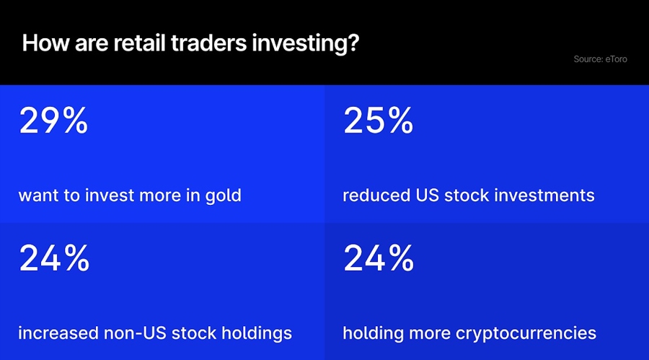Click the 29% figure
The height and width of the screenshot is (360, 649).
pyautogui.click(x=53, y=120)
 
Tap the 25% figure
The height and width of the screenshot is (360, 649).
pyautogui.click(x=378, y=120)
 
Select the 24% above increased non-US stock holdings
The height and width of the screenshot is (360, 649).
pyautogui.click(x=53, y=258)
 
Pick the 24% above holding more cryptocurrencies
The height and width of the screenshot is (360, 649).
pyautogui.click(x=378, y=258)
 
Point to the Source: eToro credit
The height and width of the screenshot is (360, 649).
pyautogui.click(x=600, y=59)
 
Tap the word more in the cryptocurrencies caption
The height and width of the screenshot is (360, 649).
pyautogui.click(x=429, y=333)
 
